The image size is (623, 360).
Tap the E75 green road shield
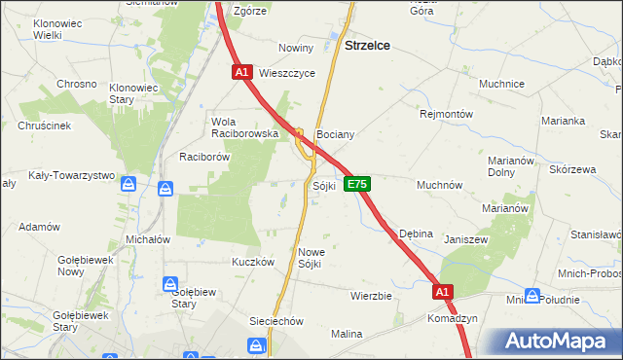point(357,184)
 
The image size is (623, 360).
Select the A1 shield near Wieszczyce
point(243,72)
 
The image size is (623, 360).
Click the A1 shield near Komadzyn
point(443,291)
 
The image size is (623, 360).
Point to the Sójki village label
point(324,185)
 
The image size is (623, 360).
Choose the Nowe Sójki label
point(310,257)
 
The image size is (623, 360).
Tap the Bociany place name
point(334,134)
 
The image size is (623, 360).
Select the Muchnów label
point(439,184)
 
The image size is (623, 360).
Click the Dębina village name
point(416,234)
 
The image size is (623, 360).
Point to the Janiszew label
point(464,239)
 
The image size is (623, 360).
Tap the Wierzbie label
point(371,295)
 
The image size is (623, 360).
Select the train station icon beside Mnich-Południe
point(532,296)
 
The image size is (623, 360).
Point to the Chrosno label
point(77,84)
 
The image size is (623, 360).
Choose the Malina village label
point(346,334)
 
